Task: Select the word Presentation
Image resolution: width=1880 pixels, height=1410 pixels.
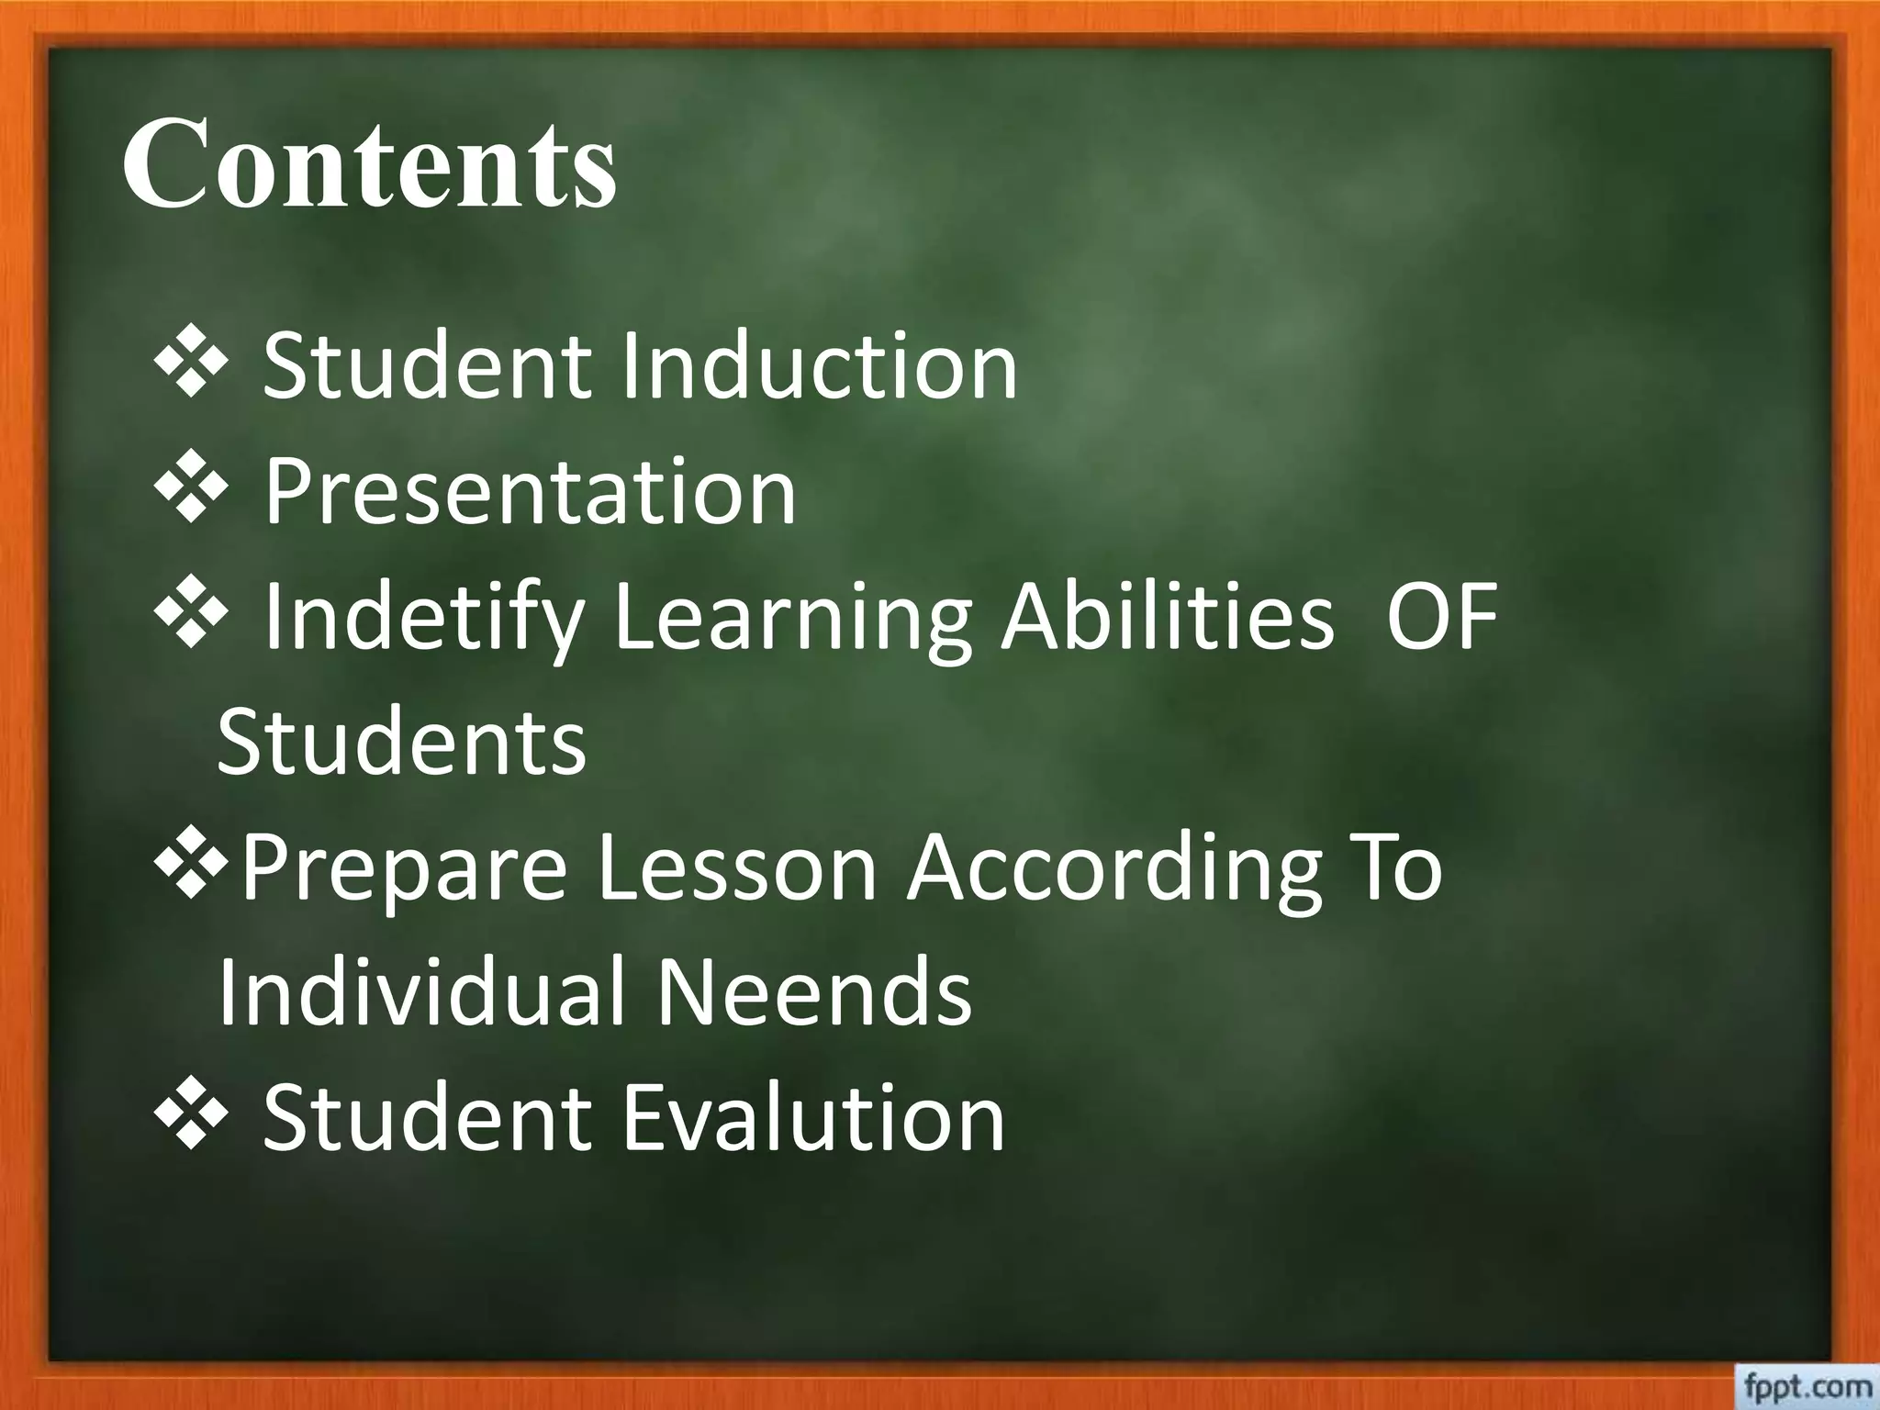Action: [531, 493]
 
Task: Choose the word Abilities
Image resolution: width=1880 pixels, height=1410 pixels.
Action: [1167, 617]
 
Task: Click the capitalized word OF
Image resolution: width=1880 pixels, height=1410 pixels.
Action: [1441, 617]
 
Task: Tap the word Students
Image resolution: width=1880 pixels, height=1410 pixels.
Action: [401, 742]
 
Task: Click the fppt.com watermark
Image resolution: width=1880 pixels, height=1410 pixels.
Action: [1804, 1386]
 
